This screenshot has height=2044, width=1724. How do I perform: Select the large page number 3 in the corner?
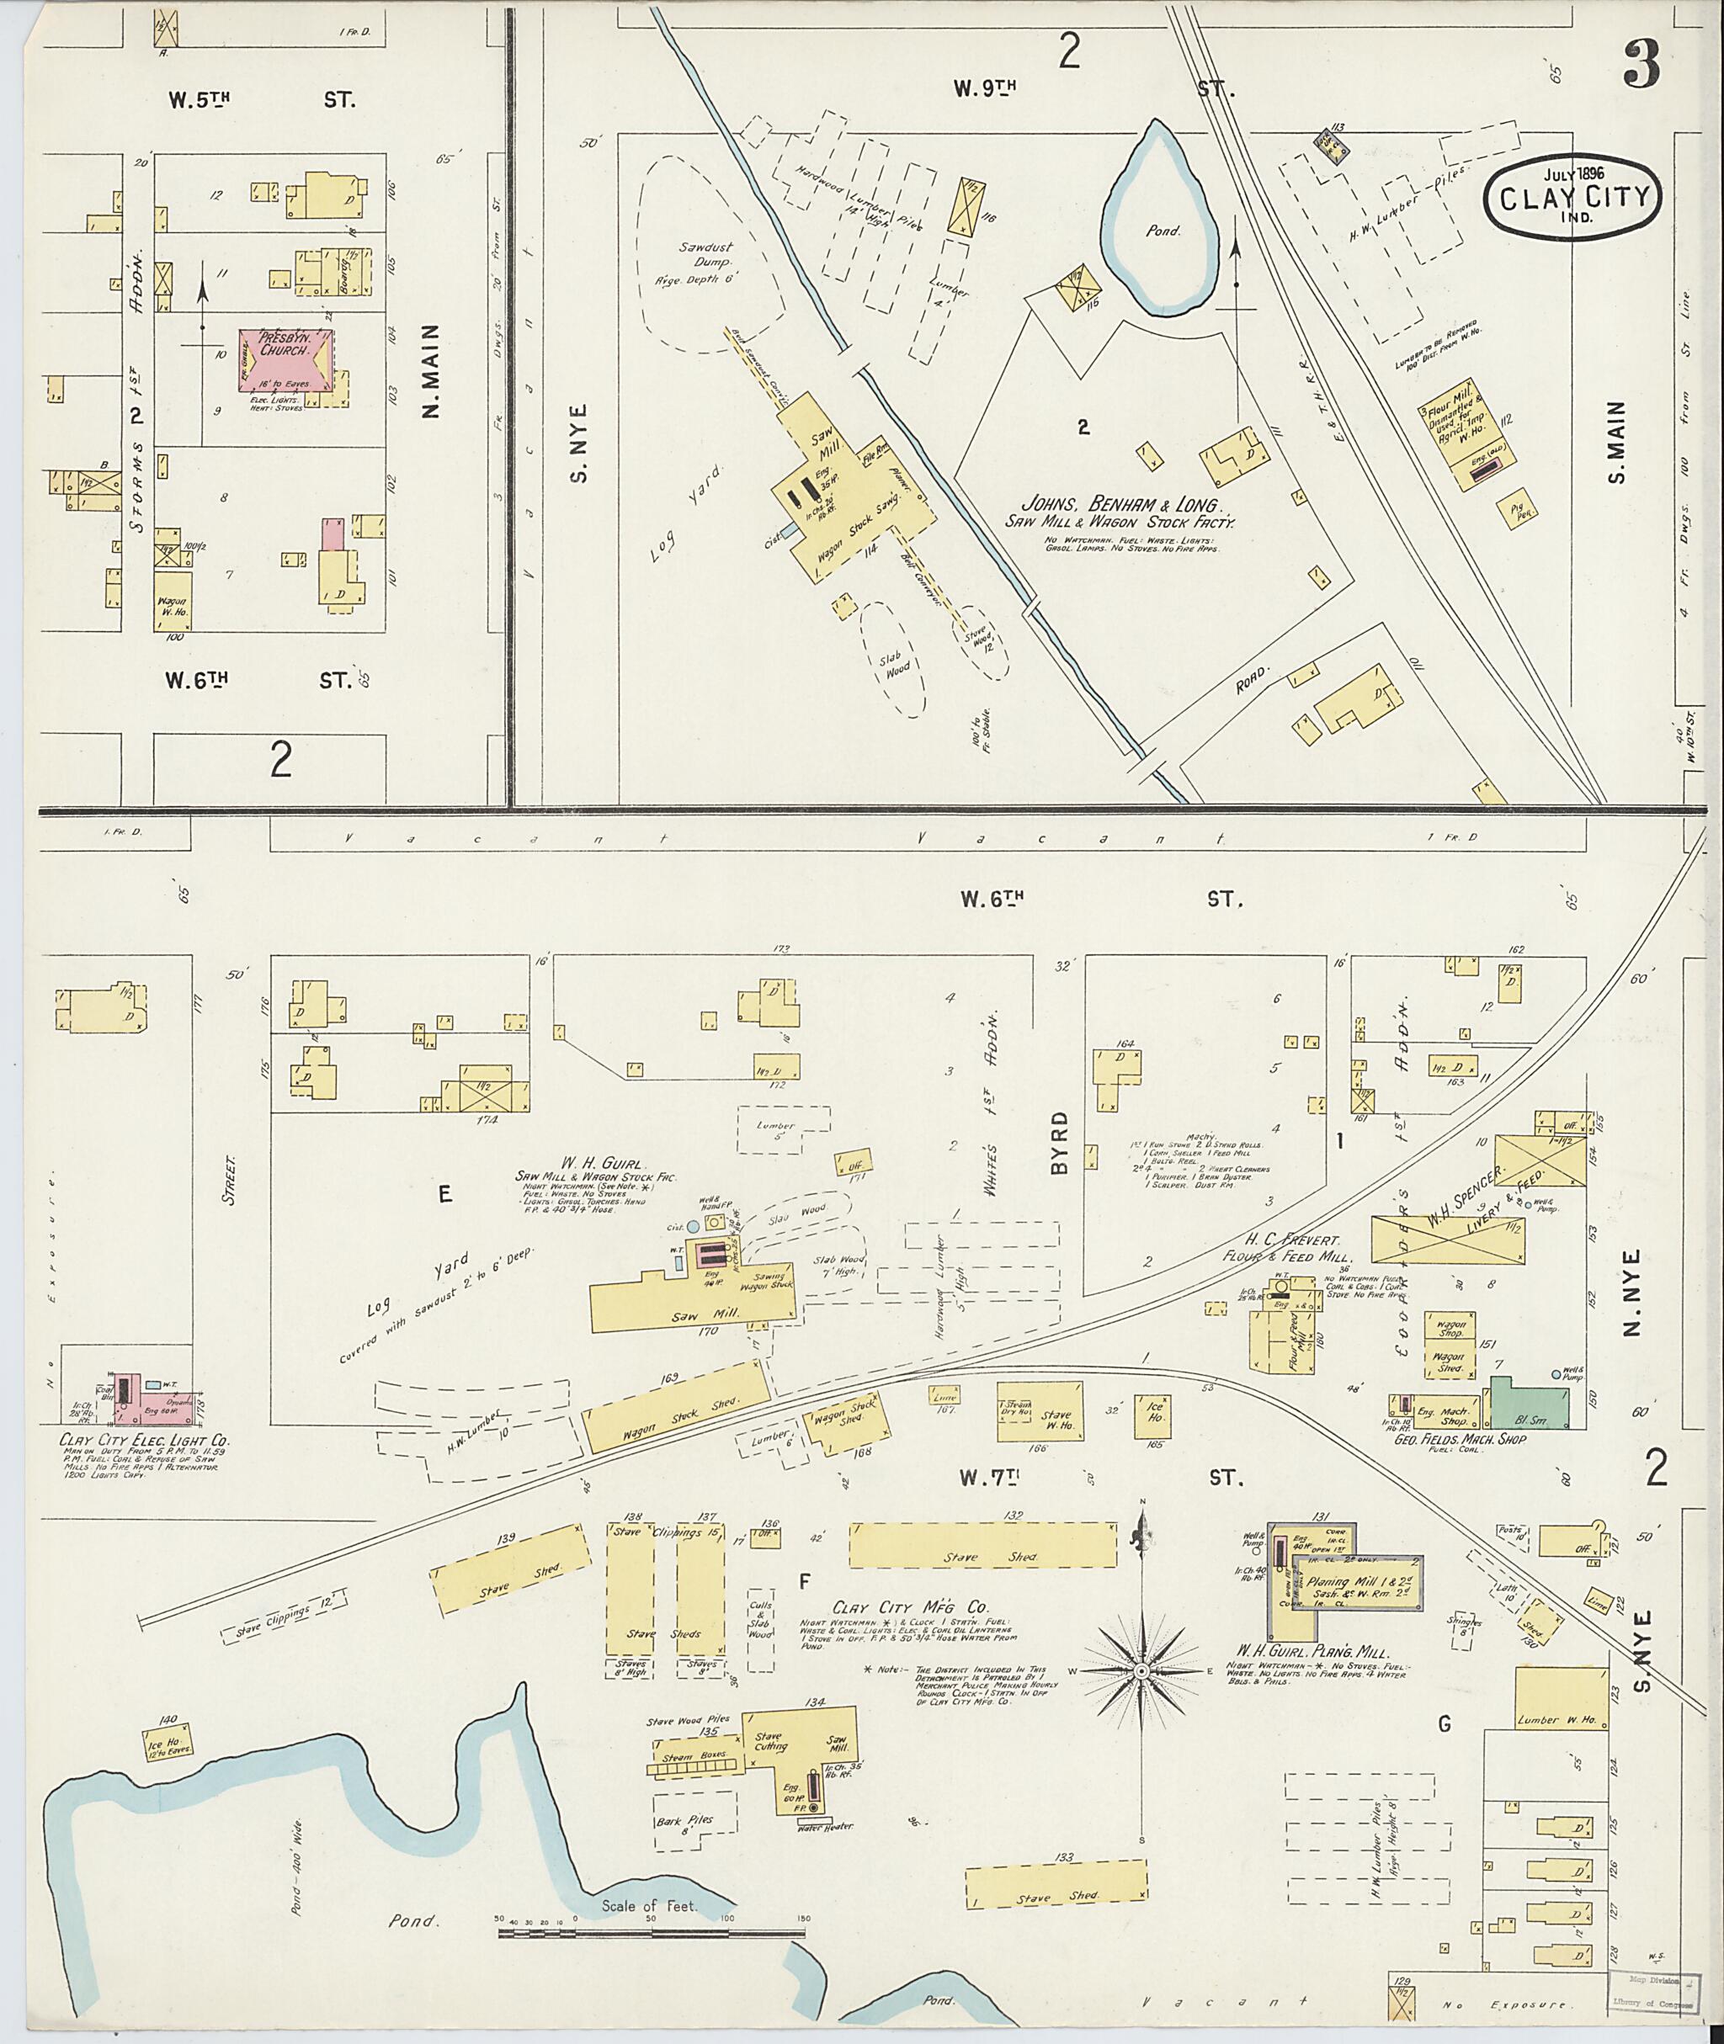click(1643, 66)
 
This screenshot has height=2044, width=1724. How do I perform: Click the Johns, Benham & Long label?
click(1121, 505)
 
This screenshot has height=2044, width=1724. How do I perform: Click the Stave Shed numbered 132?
click(982, 1545)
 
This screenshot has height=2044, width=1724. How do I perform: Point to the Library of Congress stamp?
click(1657, 1994)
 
